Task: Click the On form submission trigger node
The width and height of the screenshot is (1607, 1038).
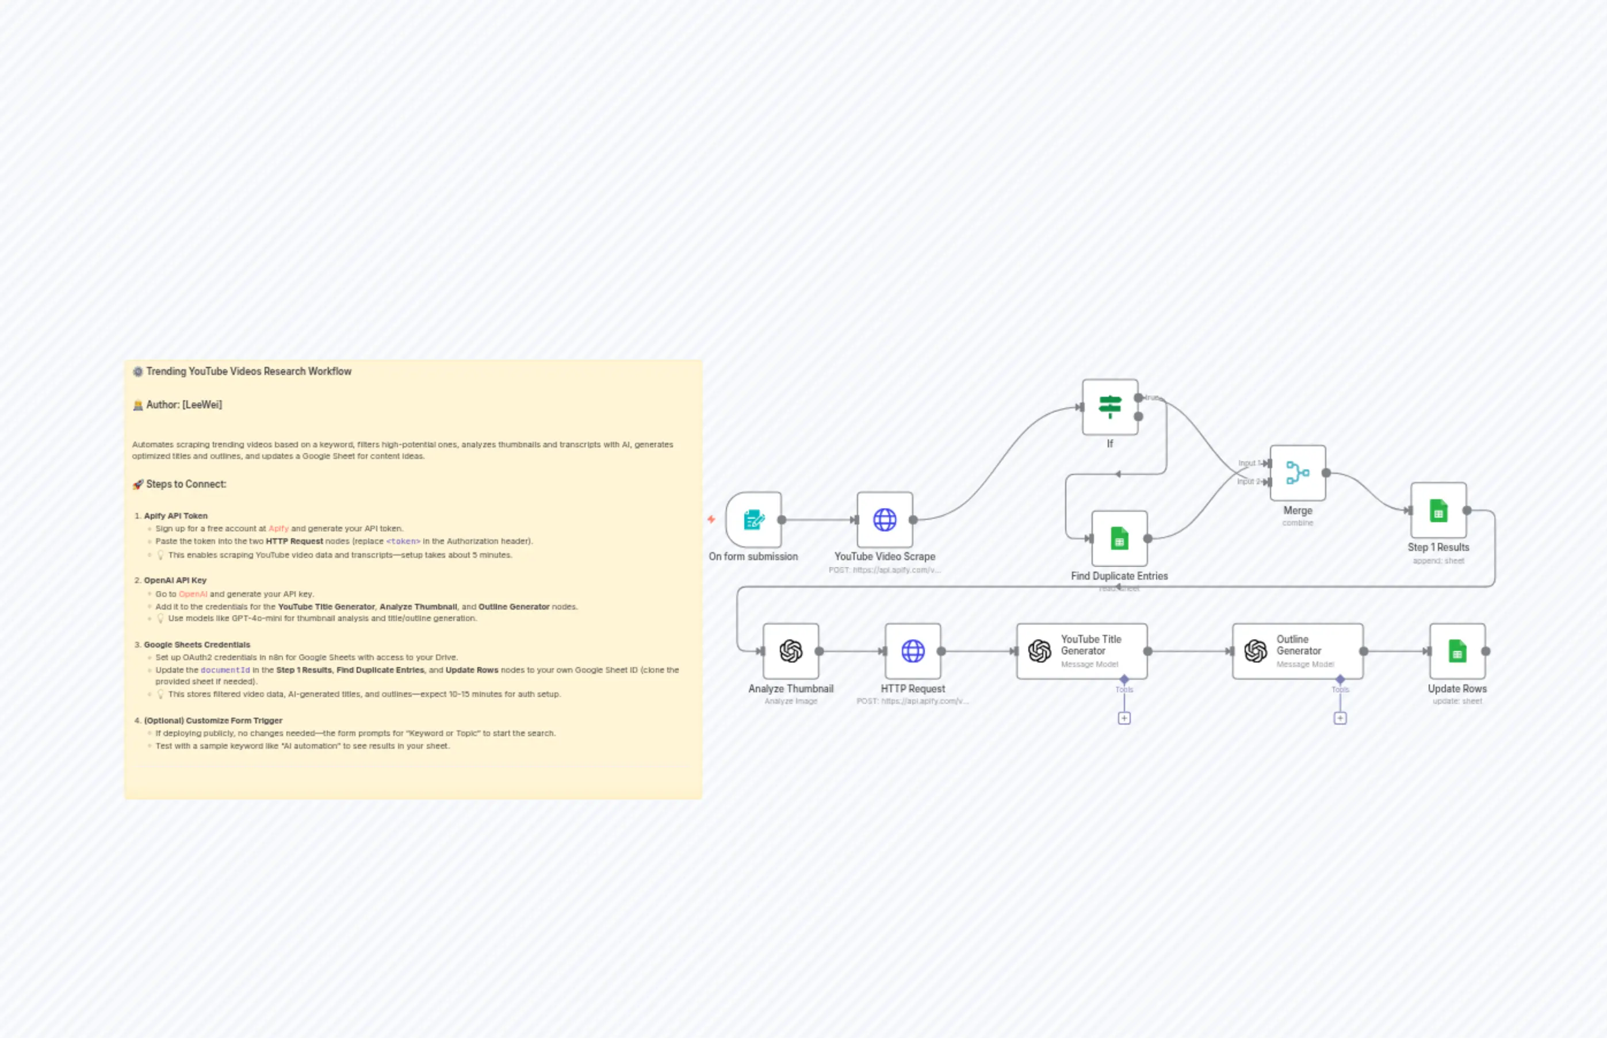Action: pyautogui.click(x=753, y=520)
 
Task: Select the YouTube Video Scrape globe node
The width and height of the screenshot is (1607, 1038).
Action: pyautogui.click(x=885, y=520)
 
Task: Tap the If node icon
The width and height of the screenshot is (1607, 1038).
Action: pyautogui.click(x=1109, y=407)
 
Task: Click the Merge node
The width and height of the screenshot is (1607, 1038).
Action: pyautogui.click(x=1298, y=473)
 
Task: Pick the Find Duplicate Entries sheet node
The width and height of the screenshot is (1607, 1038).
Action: pyautogui.click(x=1119, y=538)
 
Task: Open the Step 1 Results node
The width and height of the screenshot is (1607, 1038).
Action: pyautogui.click(x=1438, y=510)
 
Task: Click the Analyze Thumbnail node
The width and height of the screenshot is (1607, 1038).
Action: pyautogui.click(x=791, y=651)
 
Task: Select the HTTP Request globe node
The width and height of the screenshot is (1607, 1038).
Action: pyautogui.click(x=913, y=651)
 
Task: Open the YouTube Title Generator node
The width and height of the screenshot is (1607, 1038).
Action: pyautogui.click(x=1081, y=651)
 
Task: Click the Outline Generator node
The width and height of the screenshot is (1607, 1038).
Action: pyautogui.click(x=1297, y=651)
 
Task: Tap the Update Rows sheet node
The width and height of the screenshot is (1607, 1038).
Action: pyautogui.click(x=1457, y=651)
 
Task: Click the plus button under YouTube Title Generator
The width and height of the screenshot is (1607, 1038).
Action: pyautogui.click(x=1124, y=718)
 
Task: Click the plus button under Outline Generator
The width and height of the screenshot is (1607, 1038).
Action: pyautogui.click(x=1340, y=718)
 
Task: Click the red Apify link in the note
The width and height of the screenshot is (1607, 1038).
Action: pyautogui.click(x=278, y=528)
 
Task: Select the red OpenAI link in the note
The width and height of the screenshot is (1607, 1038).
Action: pyautogui.click(x=193, y=594)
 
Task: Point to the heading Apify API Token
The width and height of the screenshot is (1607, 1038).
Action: pyautogui.click(x=175, y=516)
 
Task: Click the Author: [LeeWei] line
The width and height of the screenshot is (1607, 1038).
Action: pyautogui.click(x=183, y=404)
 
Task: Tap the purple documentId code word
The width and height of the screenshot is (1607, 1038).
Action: pyautogui.click(x=225, y=670)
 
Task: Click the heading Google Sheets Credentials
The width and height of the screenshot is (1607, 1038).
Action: pyautogui.click(x=197, y=645)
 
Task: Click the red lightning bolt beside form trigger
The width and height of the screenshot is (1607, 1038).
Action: pyautogui.click(x=711, y=519)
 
